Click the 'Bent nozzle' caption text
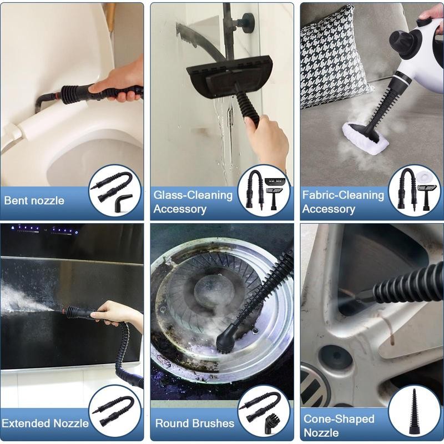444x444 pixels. [34, 200]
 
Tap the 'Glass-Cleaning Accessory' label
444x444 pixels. [193, 202]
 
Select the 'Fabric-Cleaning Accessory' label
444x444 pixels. [343, 202]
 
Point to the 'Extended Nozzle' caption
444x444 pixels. [45, 423]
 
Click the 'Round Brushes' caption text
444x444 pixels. [194, 423]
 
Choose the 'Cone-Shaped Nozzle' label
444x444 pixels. [339, 425]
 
